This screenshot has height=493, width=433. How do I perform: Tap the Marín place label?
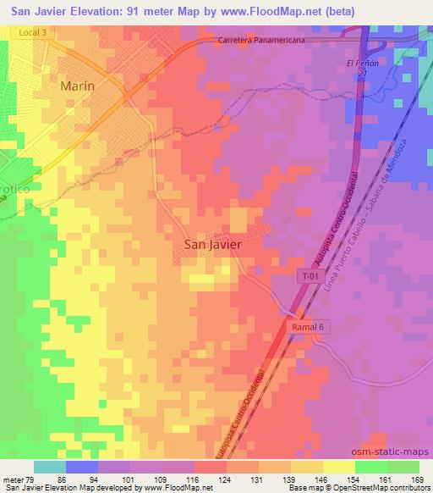coord(77,86)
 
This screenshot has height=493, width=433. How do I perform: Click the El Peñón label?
coord(361,64)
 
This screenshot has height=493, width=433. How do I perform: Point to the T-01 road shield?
coord(310,275)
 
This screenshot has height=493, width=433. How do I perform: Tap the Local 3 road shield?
coord(27,30)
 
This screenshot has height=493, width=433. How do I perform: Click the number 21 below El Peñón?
coord(361,75)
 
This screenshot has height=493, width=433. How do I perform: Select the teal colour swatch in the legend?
coord(49,467)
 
